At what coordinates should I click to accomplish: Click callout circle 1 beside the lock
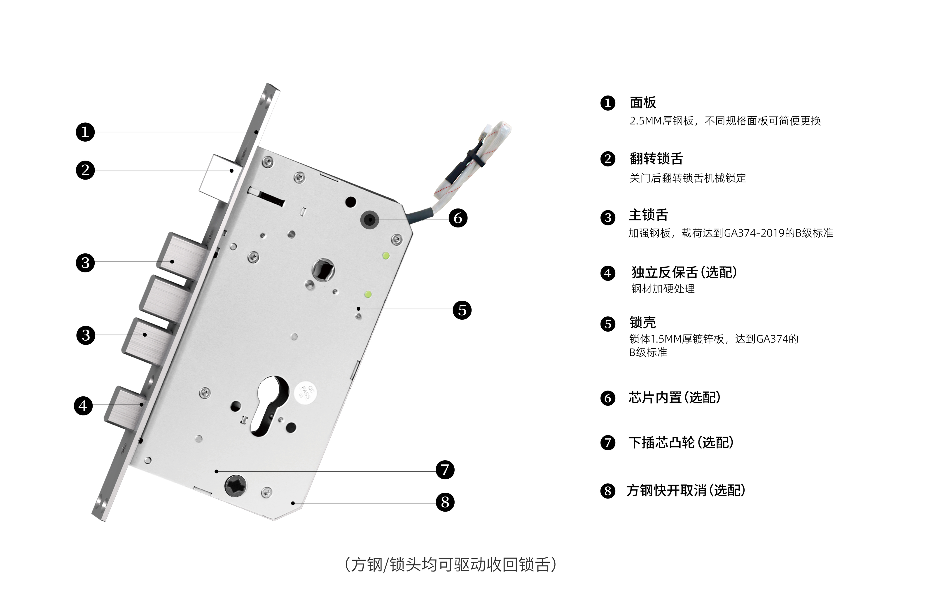[x=85, y=132]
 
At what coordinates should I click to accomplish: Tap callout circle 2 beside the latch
[x=85, y=171]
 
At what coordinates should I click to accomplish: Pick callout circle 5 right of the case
[x=462, y=310]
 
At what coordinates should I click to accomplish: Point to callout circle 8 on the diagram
[x=445, y=502]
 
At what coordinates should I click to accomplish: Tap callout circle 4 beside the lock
[x=83, y=406]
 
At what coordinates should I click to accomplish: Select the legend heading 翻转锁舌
[x=656, y=159]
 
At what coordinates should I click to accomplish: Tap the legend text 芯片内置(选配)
[x=675, y=398]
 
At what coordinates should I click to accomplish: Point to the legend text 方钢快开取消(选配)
[x=686, y=490]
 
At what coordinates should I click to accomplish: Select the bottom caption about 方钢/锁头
[x=451, y=564]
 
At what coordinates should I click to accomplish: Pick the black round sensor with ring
[x=369, y=220]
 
